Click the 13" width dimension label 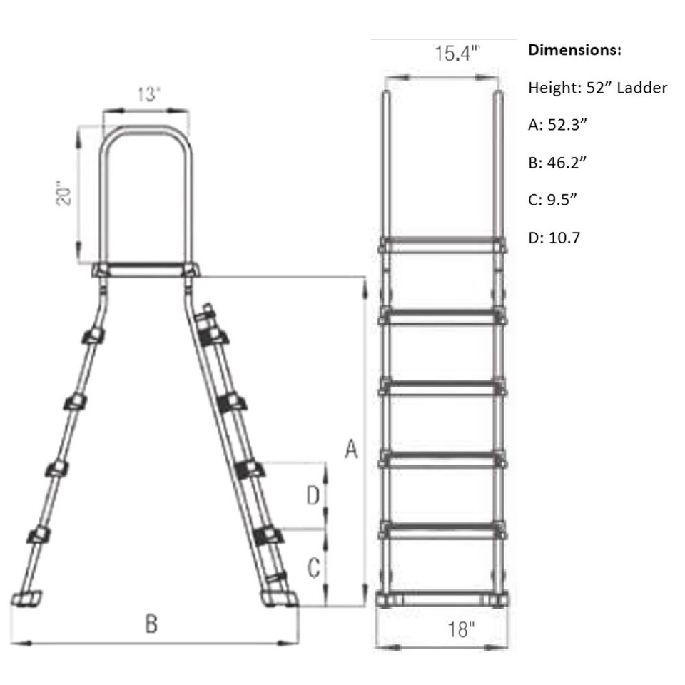click(147, 95)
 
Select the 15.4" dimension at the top click(457, 54)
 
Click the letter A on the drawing click(350, 450)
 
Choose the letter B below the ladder click(151, 624)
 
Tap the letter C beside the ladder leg click(313, 569)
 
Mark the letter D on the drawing click(313, 496)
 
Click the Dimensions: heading click(574, 51)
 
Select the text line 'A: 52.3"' click(557, 125)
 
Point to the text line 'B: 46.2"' click(557, 162)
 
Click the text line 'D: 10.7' click(554, 237)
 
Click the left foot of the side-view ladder click(28, 597)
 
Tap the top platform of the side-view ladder click(146, 270)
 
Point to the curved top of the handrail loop click(147, 131)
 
